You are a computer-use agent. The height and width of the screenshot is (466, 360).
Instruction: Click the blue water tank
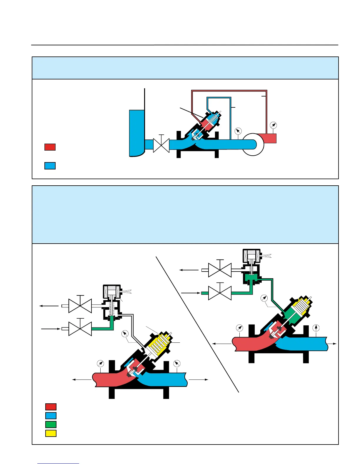point(136,132)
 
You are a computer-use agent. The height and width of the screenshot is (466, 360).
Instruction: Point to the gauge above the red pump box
point(273,125)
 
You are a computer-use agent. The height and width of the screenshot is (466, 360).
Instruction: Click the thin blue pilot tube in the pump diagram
point(230,118)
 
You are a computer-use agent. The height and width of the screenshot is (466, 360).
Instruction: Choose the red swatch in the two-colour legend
point(50,147)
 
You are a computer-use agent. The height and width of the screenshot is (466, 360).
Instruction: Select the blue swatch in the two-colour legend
point(50,166)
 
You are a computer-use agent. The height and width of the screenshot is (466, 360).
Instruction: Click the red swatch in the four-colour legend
point(51,407)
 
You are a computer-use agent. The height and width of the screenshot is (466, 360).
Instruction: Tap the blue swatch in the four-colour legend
point(51,416)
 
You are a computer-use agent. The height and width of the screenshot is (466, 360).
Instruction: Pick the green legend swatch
point(51,425)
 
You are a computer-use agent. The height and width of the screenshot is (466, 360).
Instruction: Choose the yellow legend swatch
point(51,433)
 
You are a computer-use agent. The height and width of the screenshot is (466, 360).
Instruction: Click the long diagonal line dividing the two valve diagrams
point(197,324)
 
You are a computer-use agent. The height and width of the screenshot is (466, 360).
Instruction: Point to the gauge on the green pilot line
point(265,298)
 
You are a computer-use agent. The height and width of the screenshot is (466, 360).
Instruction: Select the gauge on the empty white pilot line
point(125,334)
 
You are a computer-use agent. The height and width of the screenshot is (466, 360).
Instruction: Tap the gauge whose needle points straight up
point(316,328)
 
